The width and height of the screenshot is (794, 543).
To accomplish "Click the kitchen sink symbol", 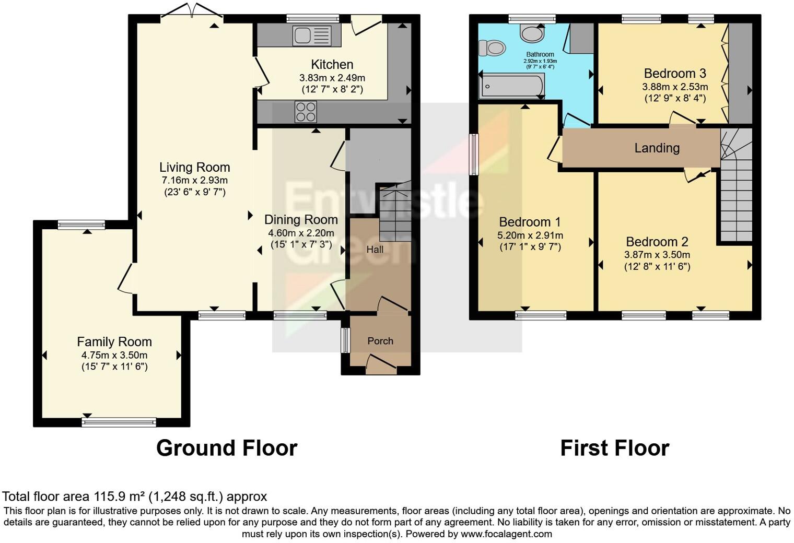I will pyautogui.click(x=312, y=36).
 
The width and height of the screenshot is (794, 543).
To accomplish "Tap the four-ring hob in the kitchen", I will pyautogui.click(x=306, y=112).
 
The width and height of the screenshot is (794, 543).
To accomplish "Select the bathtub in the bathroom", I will pyautogui.click(x=512, y=86).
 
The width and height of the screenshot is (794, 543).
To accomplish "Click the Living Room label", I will pyautogui.click(x=194, y=167).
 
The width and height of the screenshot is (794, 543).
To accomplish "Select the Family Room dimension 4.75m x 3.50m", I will pyautogui.click(x=114, y=355).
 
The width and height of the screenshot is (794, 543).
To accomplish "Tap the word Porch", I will pyautogui.click(x=380, y=341).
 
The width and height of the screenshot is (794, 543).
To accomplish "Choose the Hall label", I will pyautogui.click(x=375, y=250).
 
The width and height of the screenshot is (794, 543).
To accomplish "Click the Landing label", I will pyautogui.click(x=657, y=148).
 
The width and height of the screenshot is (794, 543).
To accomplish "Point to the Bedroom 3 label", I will pyautogui.click(x=675, y=73).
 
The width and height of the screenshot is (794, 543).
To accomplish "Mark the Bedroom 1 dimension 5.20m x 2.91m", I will pyautogui.click(x=530, y=235).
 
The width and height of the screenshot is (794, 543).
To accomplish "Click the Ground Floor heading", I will pyautogui.click(x=227, y=448).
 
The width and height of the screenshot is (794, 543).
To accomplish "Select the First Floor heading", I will pyautogui.click(x=614, y=448).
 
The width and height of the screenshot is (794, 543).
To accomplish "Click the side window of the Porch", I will pyautogui.click(x=345, y=340).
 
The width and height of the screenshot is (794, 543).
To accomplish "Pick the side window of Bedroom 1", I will pyautogui.click(x=474, y=155).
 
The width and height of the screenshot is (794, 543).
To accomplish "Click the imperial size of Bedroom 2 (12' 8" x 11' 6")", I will pyautogui.click(x=657, y=266).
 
